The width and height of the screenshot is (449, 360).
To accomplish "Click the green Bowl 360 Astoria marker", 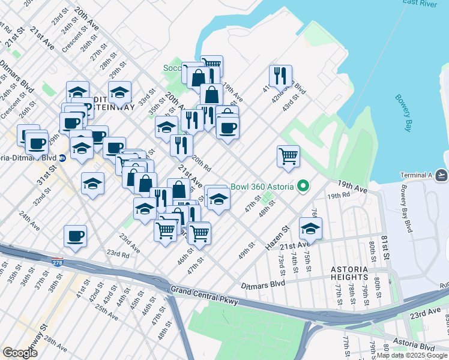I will coord(303,186).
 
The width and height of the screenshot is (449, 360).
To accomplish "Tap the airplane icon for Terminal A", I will coord(441,175).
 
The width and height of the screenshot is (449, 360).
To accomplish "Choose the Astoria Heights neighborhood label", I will coord(357,273).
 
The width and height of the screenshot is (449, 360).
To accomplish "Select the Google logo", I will coord(20,352).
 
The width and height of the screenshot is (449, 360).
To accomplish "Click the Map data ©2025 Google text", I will coord(412,355).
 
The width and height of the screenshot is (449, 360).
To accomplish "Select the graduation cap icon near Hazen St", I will coord(310,228).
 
